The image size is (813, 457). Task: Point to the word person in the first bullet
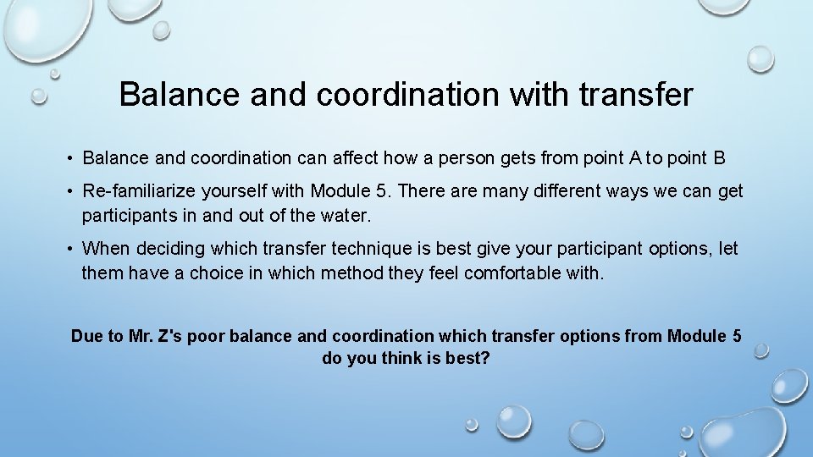(454, 158)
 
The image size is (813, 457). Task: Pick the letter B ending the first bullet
(719, 158)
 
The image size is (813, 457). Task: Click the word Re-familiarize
(141, 191)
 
